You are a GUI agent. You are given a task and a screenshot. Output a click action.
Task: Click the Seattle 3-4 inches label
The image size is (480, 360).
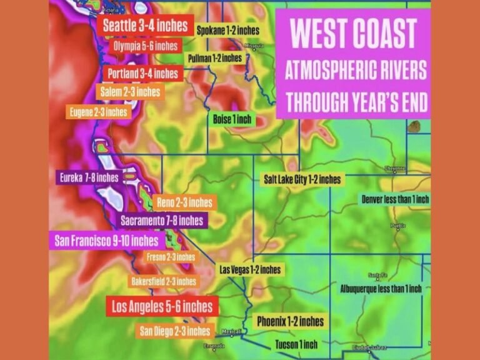[144, 26]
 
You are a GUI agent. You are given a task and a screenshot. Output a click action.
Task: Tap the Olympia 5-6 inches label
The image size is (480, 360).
[146, 46]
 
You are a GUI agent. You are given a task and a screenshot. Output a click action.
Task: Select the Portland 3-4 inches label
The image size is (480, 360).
[143, 74]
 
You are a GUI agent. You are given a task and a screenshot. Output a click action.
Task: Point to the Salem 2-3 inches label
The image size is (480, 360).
[130, 91]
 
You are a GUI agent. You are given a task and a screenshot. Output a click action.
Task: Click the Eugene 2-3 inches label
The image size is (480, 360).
[98, 112]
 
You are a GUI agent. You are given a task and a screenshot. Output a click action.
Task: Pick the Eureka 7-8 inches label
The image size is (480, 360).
[89, 177]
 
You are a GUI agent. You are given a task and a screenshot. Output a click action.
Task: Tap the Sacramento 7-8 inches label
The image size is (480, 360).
[162, 221]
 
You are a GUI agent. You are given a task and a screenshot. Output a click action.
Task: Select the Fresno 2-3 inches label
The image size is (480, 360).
[171, 257]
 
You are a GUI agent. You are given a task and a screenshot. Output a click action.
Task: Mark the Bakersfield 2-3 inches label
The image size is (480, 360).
[163, 281]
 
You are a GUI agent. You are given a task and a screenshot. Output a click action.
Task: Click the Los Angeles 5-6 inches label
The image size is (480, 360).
[162, 307]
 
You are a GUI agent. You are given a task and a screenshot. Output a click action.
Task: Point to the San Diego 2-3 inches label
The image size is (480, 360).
[174, 331]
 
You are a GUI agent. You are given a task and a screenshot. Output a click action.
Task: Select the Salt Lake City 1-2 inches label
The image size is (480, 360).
[303, 179]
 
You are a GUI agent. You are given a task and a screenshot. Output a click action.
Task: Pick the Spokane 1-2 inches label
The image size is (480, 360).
[227, 30]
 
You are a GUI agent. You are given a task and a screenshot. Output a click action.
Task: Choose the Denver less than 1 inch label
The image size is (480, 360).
[395, 199]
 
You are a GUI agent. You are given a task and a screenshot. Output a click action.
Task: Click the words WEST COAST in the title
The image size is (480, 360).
[353, 34]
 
